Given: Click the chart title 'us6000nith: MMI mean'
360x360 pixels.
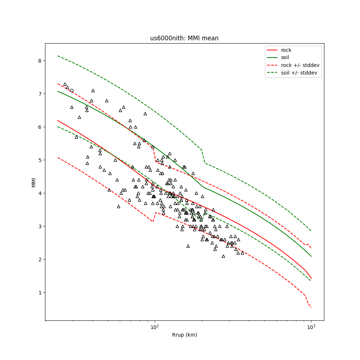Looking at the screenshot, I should tap(184, 38).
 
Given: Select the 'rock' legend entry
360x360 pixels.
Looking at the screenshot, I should tap(286, 50).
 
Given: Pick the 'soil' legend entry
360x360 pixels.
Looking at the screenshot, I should tap(285, 57).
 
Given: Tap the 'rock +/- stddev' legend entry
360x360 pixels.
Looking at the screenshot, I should tap(300, 65).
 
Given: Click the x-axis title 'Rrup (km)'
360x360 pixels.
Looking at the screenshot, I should tap(184, 335).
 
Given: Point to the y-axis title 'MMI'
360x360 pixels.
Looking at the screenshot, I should tap(33, 182).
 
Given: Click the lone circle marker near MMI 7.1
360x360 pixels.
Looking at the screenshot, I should tap(72, 91).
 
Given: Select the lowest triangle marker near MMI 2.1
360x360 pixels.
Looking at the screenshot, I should tap(223, 256).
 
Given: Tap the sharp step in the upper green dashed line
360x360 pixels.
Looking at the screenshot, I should tap(203, 156).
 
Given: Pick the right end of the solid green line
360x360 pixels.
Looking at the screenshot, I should tap(311, 256).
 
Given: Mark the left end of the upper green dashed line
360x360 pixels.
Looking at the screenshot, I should tap(58, 55).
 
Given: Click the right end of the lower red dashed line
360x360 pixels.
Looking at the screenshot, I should tap(311, 307).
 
